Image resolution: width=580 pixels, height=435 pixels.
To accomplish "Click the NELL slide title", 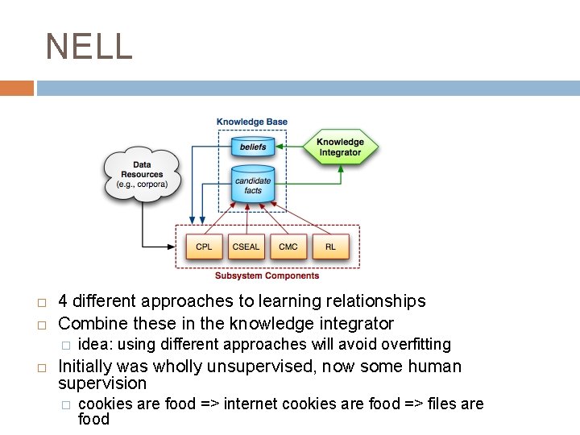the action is (x=89, y=47).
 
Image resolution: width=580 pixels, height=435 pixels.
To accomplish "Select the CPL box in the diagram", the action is (x=205, y=246).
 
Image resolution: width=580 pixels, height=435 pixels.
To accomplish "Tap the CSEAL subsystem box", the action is (x=246, y=246).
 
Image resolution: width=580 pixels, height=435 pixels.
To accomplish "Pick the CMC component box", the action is (x=288, y=246).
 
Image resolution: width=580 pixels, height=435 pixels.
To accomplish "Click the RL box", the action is (x=330, y=246).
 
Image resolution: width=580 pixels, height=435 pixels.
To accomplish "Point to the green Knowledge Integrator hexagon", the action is (x=340, y=147).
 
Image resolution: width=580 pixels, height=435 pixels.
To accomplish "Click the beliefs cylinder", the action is (x=252, y=147).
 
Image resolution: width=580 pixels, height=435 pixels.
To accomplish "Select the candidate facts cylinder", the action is (x=252, y=185).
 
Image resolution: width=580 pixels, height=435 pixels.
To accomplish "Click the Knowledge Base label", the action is (x=252, y=122).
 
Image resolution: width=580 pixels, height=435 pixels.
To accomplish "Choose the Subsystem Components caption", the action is (x=267, y=275).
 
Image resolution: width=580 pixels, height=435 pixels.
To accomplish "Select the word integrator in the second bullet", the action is (x=356, y=324).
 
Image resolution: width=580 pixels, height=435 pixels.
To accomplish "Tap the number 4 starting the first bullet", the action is (x=64, y=301).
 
